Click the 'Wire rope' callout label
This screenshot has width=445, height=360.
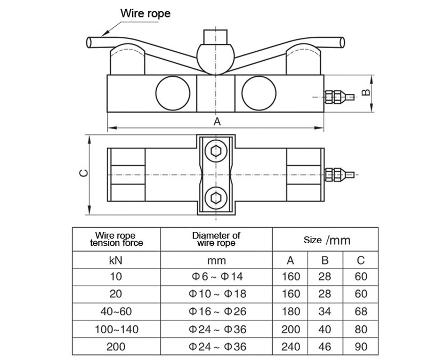[145, 13]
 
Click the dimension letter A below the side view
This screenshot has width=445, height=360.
[217, 122]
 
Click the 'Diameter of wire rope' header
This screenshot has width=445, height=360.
[216, 239]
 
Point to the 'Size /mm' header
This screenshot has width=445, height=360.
[327, 240]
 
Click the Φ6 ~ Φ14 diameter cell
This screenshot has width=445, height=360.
[216, 277]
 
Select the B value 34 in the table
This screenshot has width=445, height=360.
[325, 311]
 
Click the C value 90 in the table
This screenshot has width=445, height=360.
[361, 347]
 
